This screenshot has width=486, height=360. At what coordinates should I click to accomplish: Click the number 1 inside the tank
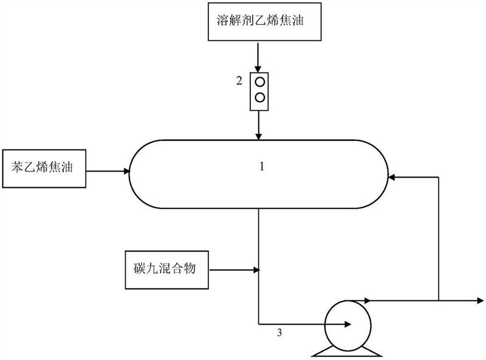(x=262, y=167)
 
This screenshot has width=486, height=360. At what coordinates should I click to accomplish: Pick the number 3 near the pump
(x=279, y=332)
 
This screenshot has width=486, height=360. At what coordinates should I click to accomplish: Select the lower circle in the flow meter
(x=259, y=97)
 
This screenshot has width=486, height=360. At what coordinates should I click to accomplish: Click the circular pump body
(x=346, y=324)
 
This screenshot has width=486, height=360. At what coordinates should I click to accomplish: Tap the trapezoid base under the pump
(x=346, y=351)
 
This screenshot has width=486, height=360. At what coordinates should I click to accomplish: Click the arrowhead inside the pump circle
(x=349, y=324)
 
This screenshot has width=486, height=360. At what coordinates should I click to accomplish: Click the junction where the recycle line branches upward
(x=438, y=300)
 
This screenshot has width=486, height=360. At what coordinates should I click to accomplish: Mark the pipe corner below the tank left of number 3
(x=259, y=324)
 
